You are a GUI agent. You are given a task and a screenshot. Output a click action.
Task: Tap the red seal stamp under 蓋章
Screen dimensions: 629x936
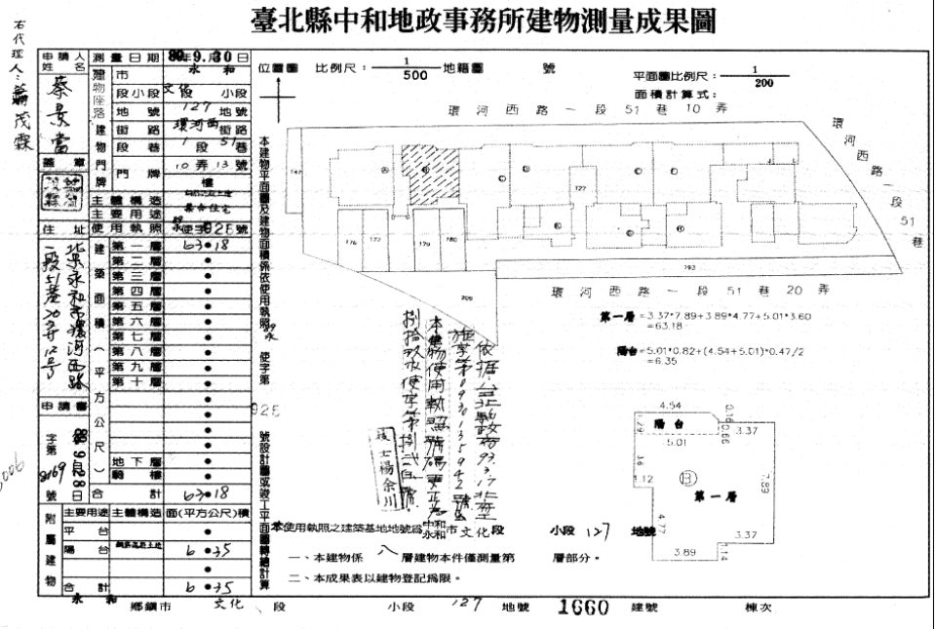64,188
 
